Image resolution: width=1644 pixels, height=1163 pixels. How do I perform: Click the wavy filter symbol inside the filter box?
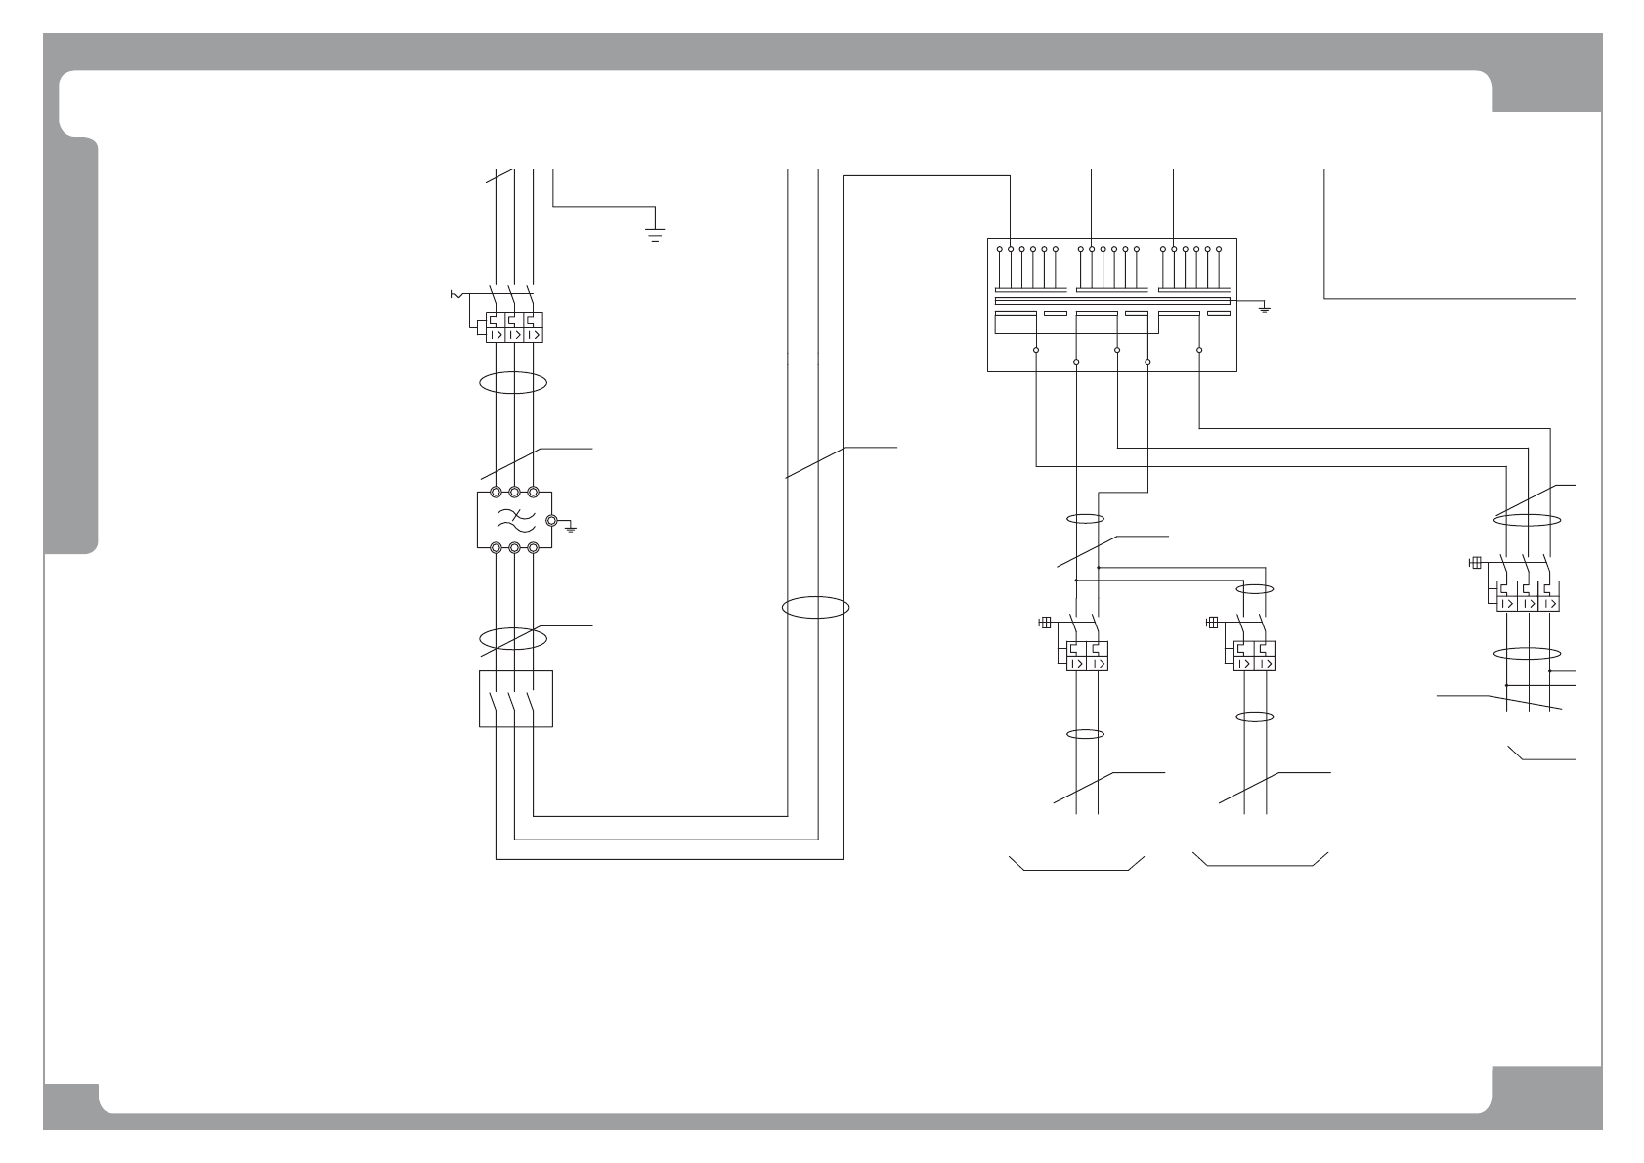click(x=513, y=520)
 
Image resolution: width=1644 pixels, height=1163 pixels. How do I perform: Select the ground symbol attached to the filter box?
click(x=571, y=527)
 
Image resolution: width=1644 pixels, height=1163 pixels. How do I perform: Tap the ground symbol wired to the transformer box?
click(x=1264, y=309)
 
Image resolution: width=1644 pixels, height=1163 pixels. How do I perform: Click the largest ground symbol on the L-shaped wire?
click(x=655, y=232)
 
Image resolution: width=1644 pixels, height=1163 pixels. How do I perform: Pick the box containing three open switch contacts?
click(x=516, y=699)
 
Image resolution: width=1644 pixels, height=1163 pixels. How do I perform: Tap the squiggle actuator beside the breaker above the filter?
click(x=454, y=293)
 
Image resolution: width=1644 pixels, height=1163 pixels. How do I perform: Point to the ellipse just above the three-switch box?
click(x=513, y=638)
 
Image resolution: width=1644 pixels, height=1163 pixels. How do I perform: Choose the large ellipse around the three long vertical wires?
click(x=815, y=607)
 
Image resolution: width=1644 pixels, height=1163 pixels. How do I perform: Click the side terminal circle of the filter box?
click(x=551, y=520)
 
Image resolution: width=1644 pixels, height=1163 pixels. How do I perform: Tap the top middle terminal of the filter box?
click(x=514, y=494)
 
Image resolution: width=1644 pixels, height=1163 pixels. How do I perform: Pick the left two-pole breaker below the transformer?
click(x=1087, y=655)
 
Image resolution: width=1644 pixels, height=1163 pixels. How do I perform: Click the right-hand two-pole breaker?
click(x=1254, y=655)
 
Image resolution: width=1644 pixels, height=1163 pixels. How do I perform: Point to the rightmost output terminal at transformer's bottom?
click(x=1199, y=349)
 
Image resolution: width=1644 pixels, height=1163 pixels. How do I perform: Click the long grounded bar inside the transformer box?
click(x=1111, y=302)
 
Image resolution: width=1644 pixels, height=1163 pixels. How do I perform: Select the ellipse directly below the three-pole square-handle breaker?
click(x=1527, y=653)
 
